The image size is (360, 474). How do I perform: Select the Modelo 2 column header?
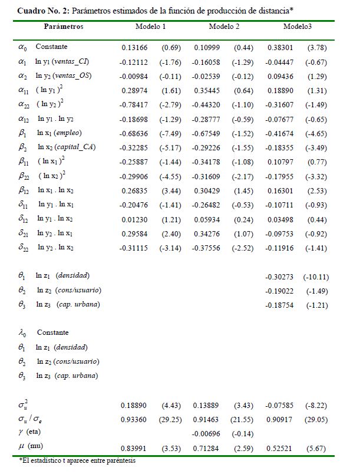coord(224,27)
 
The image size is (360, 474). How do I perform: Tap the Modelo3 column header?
coord(299,27)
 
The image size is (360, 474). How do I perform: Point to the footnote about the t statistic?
coord(77,460)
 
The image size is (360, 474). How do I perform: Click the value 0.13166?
coord(133,47)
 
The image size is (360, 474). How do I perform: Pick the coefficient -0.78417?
coord(133,104)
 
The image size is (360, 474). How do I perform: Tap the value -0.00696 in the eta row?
coord(207,432)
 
